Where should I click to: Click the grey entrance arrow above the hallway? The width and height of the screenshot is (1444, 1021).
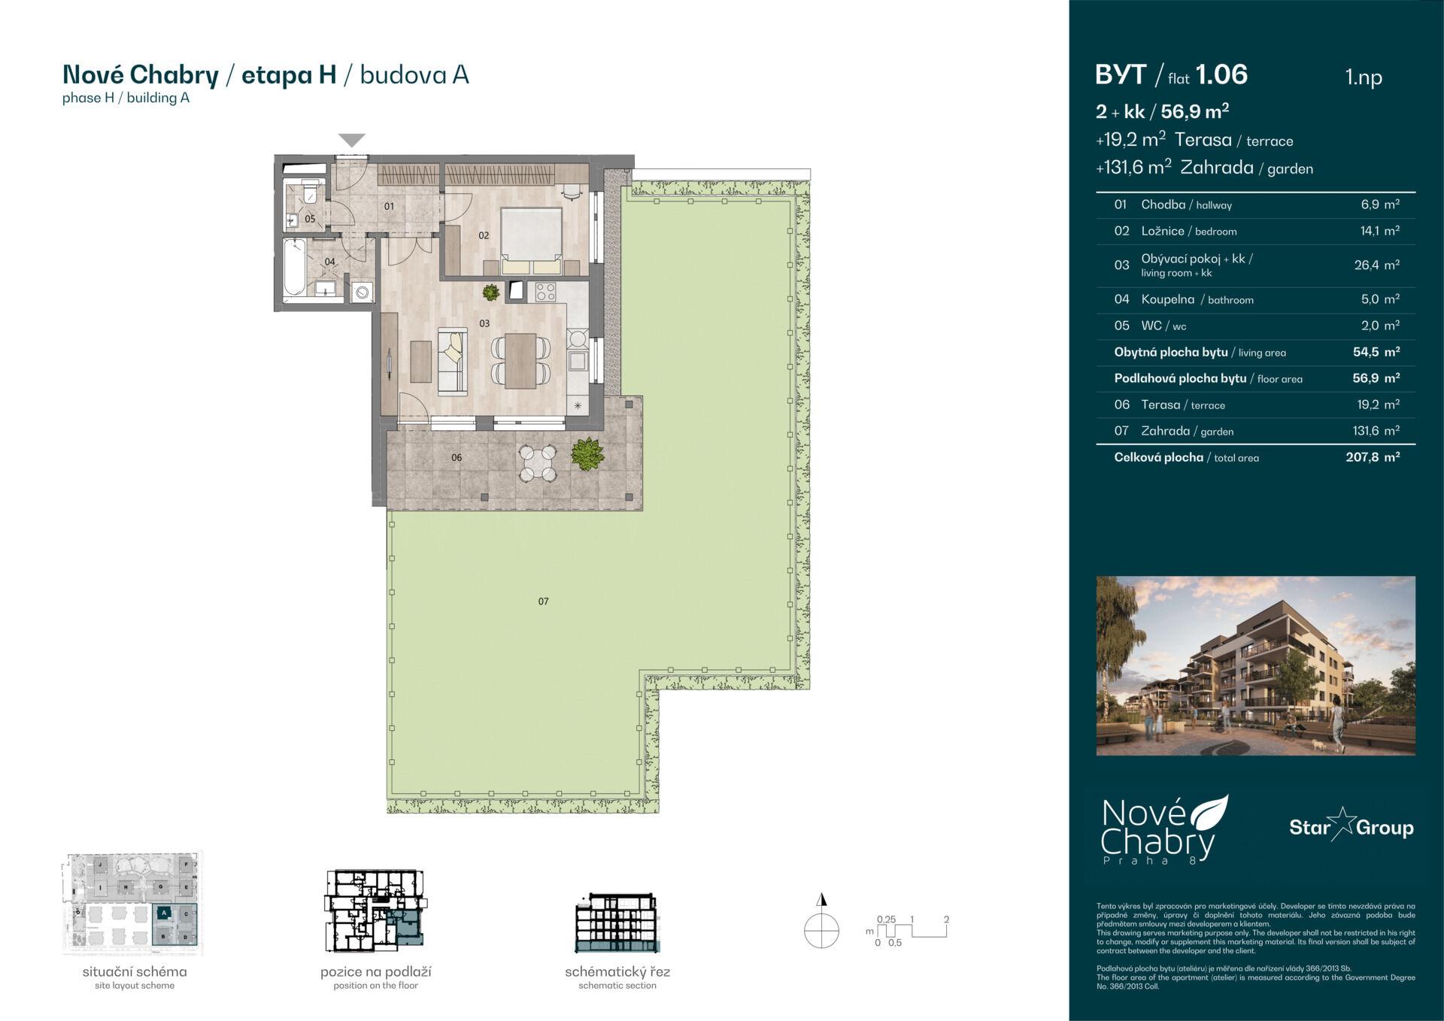pyautogui.click(x=352, y=140)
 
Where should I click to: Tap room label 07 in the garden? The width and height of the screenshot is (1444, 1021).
pyautogui.click(x=543, y=601)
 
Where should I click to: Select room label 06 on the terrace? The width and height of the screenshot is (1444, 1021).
pyautogui.click(x=457, y=458)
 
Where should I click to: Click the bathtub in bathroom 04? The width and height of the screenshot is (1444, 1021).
pyautogui.click(x=294, y=267)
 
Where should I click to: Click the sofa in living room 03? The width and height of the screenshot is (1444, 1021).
pyautogui.click(x=452, y=361)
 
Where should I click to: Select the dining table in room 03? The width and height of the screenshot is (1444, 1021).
pyautogui.click(x=520, y=360)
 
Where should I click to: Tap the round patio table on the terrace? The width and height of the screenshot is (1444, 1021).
pyautogui.click(x=538, y=463)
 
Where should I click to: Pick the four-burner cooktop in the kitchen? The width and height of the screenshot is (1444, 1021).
pyautogui.click(x=545, y=291)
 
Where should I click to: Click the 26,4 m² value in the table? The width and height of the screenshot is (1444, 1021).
pyautogui.click(x=1376, y=265)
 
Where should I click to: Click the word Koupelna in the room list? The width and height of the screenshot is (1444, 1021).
pyautogui.click(x=1167, y=299)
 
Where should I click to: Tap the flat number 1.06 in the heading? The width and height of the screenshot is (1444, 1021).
pyautogui.click(x=1221, y=74)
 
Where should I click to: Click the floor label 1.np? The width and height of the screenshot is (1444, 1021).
pyautogui.click(x=1364, y=77)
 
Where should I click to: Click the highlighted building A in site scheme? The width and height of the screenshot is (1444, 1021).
pyautogui.click(x=165, y=913)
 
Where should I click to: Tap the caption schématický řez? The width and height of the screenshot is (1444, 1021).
pyautogui.click(x=617, y=972)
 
